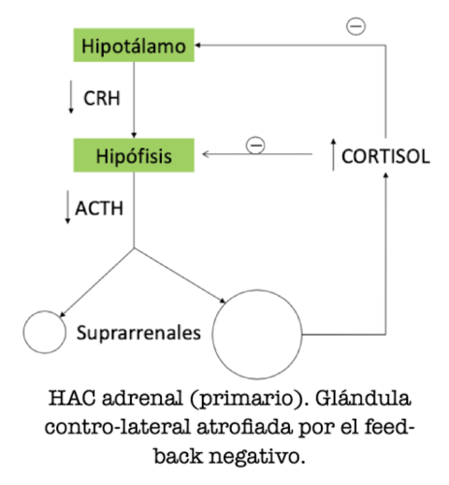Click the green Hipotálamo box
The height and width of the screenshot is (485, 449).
134,45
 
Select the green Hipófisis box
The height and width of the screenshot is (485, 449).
134,155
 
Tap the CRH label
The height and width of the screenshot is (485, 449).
102,99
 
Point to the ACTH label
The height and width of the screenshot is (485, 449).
99,208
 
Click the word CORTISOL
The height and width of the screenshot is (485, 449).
386,156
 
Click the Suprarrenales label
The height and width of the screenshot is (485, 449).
139,333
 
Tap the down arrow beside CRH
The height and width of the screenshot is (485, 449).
71,97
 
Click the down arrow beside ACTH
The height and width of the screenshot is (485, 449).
67,207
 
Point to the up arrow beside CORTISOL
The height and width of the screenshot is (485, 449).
333,154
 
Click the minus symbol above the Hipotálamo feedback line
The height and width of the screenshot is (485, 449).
356,26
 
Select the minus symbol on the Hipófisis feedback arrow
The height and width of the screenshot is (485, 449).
255,145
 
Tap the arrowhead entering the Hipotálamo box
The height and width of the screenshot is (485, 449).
198,45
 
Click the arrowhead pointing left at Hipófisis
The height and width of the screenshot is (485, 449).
206,154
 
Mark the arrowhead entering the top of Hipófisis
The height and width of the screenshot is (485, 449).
134,135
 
